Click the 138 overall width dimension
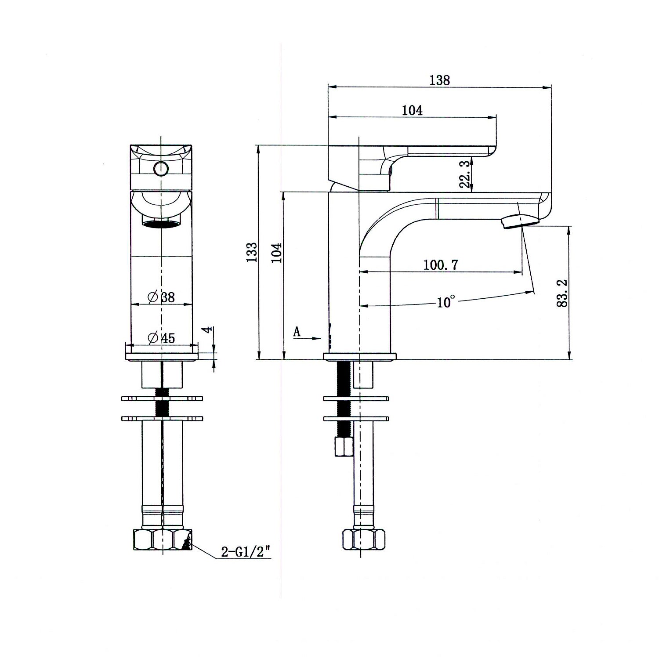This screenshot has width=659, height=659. click(440, 80)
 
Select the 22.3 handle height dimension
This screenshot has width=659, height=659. click(465, 174)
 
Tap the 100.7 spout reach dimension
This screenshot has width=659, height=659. click(440, 265)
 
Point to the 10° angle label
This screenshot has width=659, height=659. click(445, 302)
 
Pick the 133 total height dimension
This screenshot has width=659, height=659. click(252, 252)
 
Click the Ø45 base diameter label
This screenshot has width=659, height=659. click(162, 338)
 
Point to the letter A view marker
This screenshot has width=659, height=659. click(297, 332)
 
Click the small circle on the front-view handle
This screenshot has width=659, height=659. click(161, 168)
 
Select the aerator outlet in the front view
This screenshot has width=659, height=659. click(161, 224)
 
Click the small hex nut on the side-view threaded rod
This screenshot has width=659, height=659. click(343, 447)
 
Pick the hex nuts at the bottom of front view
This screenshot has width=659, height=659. click(163, 540)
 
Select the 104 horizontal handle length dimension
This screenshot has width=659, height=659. click(412, 110)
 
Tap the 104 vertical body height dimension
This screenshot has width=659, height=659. click(277, 252)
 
